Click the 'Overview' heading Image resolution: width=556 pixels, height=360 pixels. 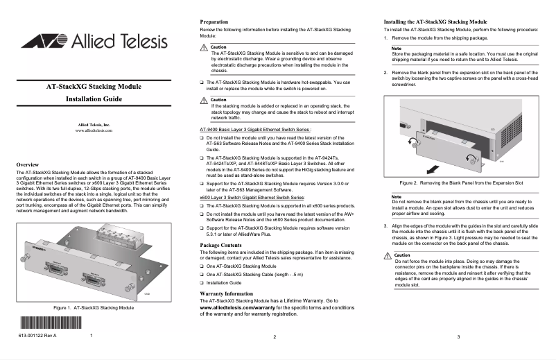(29, 164)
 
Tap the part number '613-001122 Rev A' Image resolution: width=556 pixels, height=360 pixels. (39, 336)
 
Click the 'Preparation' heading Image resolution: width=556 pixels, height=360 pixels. (214, 22)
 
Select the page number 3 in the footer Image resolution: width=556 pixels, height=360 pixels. (459, 336)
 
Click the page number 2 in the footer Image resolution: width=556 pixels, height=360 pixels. (275, 336)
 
